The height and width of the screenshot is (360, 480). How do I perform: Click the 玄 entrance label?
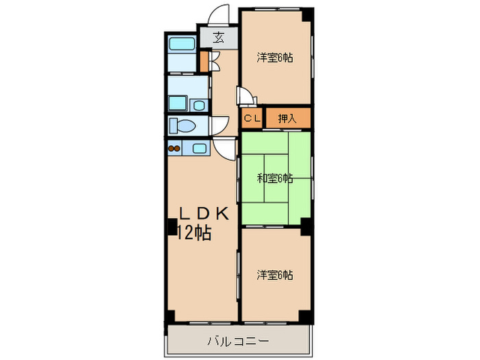[217, 38]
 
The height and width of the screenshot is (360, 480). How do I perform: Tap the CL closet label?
[252, 119]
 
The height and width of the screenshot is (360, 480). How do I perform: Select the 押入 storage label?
[287, 119]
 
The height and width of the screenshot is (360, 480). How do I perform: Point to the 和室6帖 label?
[275, 178]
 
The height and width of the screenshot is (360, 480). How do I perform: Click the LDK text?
[204, 213]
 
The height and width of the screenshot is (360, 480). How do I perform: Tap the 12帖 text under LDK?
[194, 233]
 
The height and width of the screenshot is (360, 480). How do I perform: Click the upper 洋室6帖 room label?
[275, 58]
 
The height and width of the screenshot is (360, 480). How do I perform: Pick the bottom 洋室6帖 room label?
[275, 275]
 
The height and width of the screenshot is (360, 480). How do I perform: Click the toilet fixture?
[184, 127]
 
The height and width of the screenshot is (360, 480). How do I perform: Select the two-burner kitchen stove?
[173, 147]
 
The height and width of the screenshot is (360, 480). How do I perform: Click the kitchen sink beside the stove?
[197, 147]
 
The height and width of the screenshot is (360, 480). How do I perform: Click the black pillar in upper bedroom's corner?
[308, 13]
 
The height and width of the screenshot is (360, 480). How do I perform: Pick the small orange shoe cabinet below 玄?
[204, 59]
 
